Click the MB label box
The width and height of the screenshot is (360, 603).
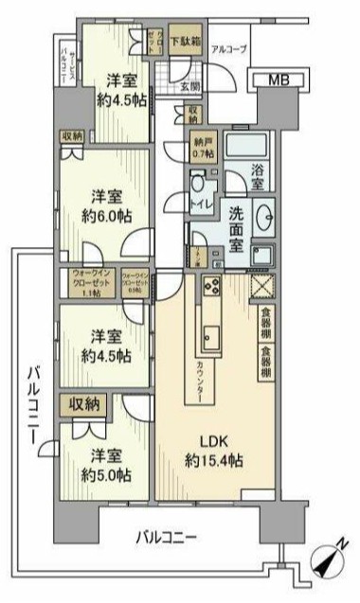point(277,80)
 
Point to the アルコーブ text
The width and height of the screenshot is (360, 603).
point(229,47)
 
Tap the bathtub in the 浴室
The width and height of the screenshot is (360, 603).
point(250,148)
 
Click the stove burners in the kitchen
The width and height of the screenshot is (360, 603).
point(210,287)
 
